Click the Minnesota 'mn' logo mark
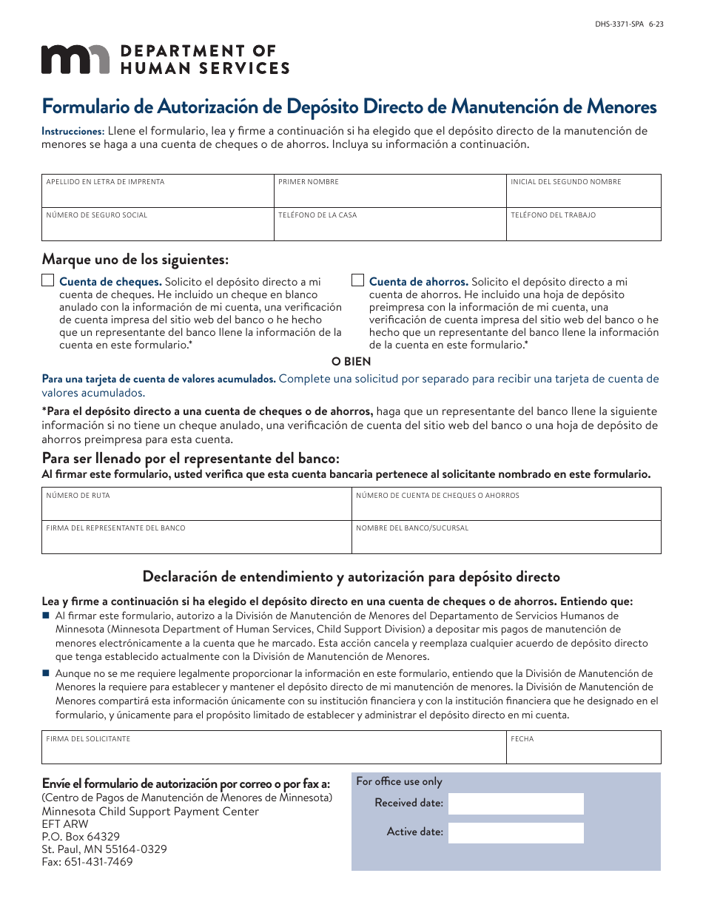tap(75, 59)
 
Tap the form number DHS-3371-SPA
tap(619, 24)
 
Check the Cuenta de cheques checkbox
tap(48, 280)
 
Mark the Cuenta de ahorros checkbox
tap(357, 280)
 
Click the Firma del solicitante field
tap(274, 749)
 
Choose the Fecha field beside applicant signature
tap(583, 749)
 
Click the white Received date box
tap(516, 803)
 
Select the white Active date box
tap(516, 833)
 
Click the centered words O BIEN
tap(351, 362)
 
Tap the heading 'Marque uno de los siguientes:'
tap(135, 260)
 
